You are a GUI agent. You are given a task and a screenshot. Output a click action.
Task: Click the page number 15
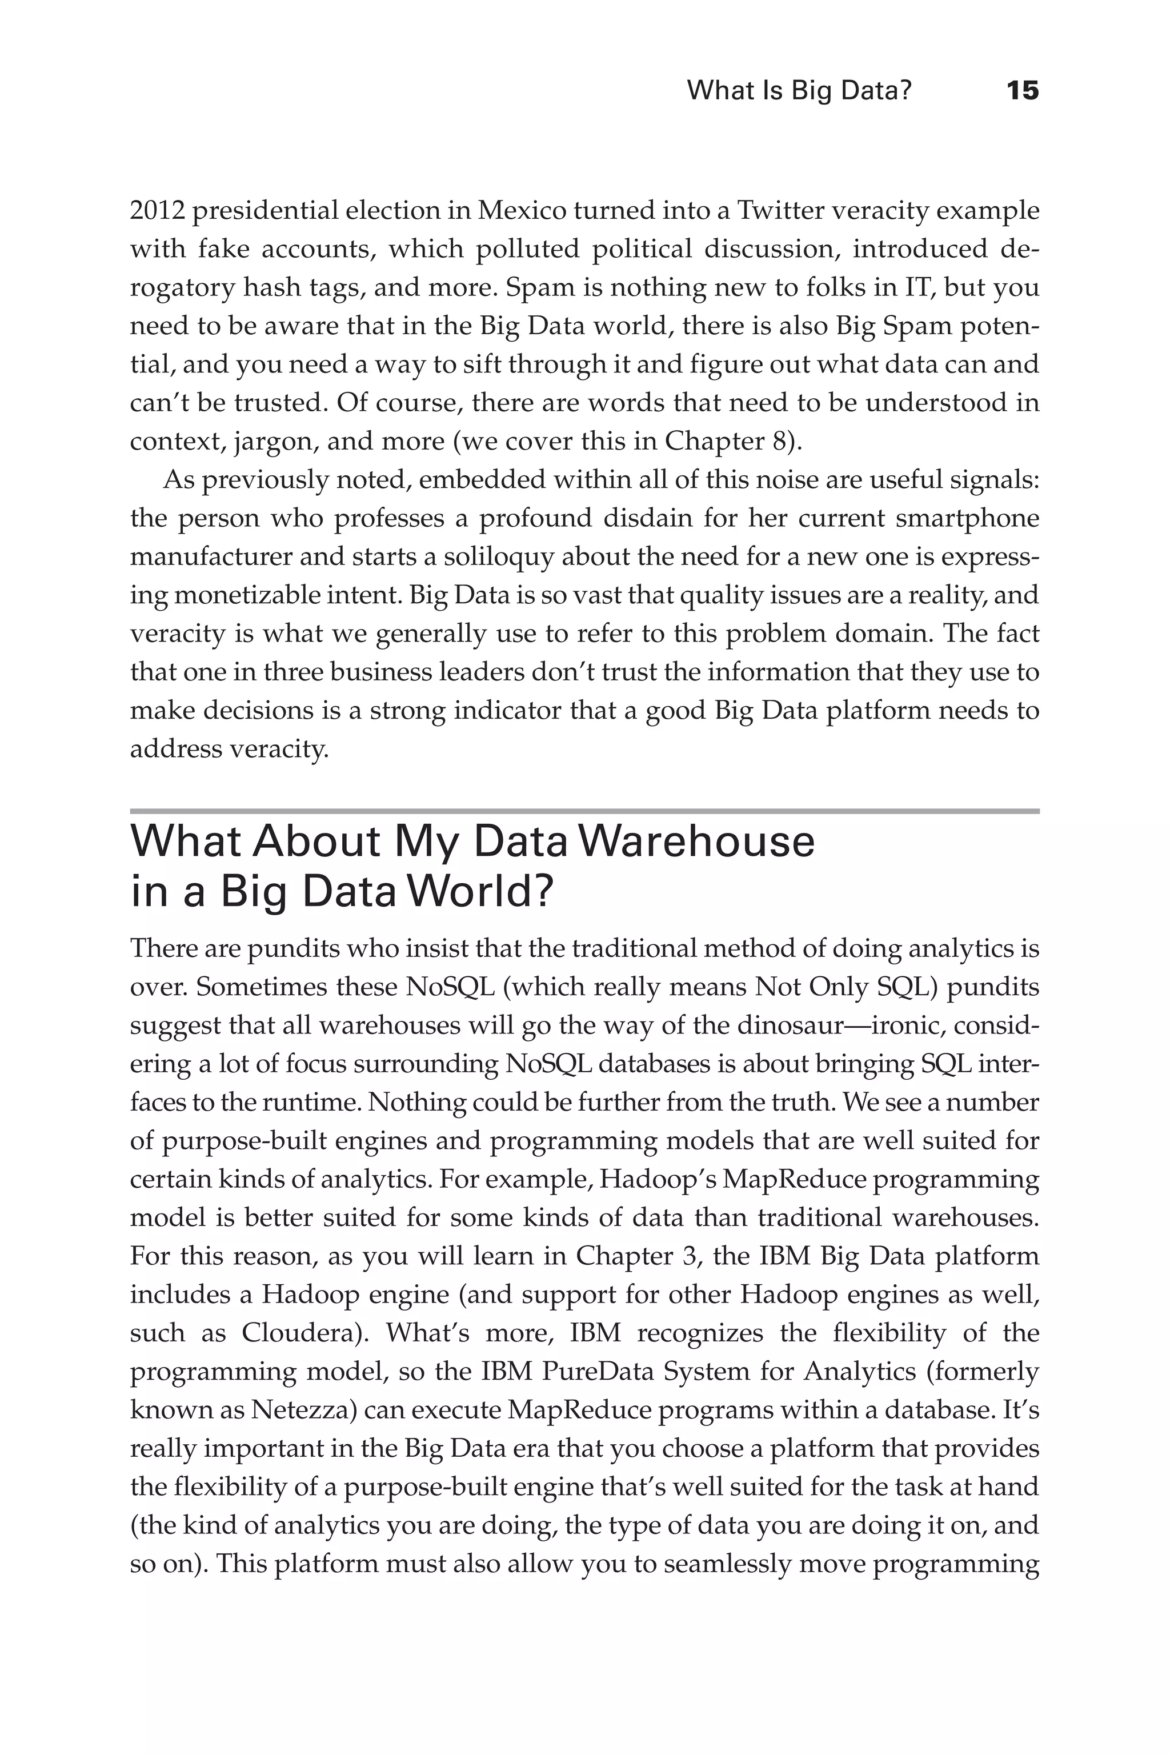tap(1022, 91)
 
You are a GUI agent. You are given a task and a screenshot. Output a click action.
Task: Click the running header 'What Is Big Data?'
tap(799, 91)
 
